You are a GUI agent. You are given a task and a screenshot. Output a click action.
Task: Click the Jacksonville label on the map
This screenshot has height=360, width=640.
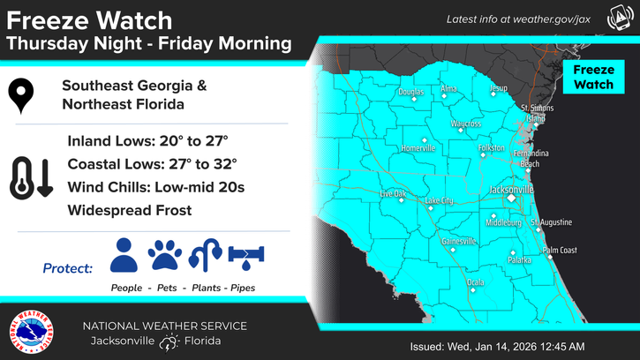coord(512,190)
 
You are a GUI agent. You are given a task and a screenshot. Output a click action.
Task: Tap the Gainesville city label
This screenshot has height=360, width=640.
coord(458,241)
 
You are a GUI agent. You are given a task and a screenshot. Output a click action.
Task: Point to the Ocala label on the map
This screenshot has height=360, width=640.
coord(475,282)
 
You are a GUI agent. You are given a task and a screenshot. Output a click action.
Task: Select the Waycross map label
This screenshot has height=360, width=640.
coord(466,124)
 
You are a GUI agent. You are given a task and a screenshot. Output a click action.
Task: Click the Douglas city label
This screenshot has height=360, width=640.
coord(410,92)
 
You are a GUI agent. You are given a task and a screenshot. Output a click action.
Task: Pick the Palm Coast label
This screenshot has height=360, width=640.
coord(560,251)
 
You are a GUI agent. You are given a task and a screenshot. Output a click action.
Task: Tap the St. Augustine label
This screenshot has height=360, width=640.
coord(552,222)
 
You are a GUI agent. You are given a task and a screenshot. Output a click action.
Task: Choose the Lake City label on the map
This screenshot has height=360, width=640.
coord(439,201)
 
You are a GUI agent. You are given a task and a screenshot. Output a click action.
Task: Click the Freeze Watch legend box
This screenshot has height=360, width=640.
coord(593,77)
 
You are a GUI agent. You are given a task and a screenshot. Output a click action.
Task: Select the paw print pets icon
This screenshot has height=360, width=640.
coord(164,255)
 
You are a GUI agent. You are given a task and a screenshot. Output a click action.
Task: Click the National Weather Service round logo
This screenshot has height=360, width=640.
coord(29,333)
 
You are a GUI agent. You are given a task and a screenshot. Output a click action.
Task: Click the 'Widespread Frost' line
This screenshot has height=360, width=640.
coord(129,210)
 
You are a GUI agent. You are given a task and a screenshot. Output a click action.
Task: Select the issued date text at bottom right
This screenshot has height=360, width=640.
coord(498,345)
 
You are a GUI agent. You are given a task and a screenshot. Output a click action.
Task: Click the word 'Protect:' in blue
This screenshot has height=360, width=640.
coord(68,267)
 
